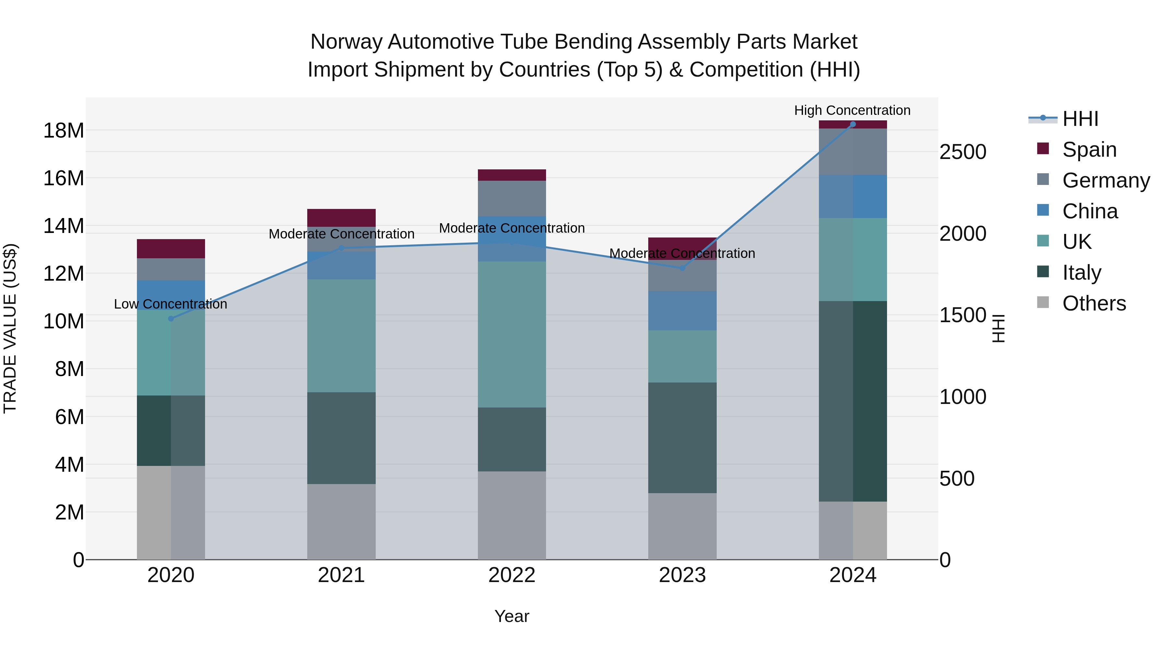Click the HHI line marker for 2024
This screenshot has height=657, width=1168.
point(852,124)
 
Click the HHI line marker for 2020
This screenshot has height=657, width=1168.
point(171,319)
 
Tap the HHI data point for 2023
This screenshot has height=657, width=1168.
point(682,268)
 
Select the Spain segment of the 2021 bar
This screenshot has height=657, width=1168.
point(341,218)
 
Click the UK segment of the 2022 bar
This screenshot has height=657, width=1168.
point(512,334)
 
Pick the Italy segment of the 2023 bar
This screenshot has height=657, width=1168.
point(682,438)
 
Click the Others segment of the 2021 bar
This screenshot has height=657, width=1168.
point(341,521)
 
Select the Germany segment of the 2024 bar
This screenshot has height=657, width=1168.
point(852,152)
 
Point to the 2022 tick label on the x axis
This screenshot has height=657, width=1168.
point(512,575)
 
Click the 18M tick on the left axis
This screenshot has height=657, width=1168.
point(64,130)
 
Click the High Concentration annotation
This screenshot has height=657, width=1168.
point(852,110)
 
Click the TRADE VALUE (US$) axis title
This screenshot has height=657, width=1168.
point(10,328)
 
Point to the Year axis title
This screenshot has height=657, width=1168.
point(512,616)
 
